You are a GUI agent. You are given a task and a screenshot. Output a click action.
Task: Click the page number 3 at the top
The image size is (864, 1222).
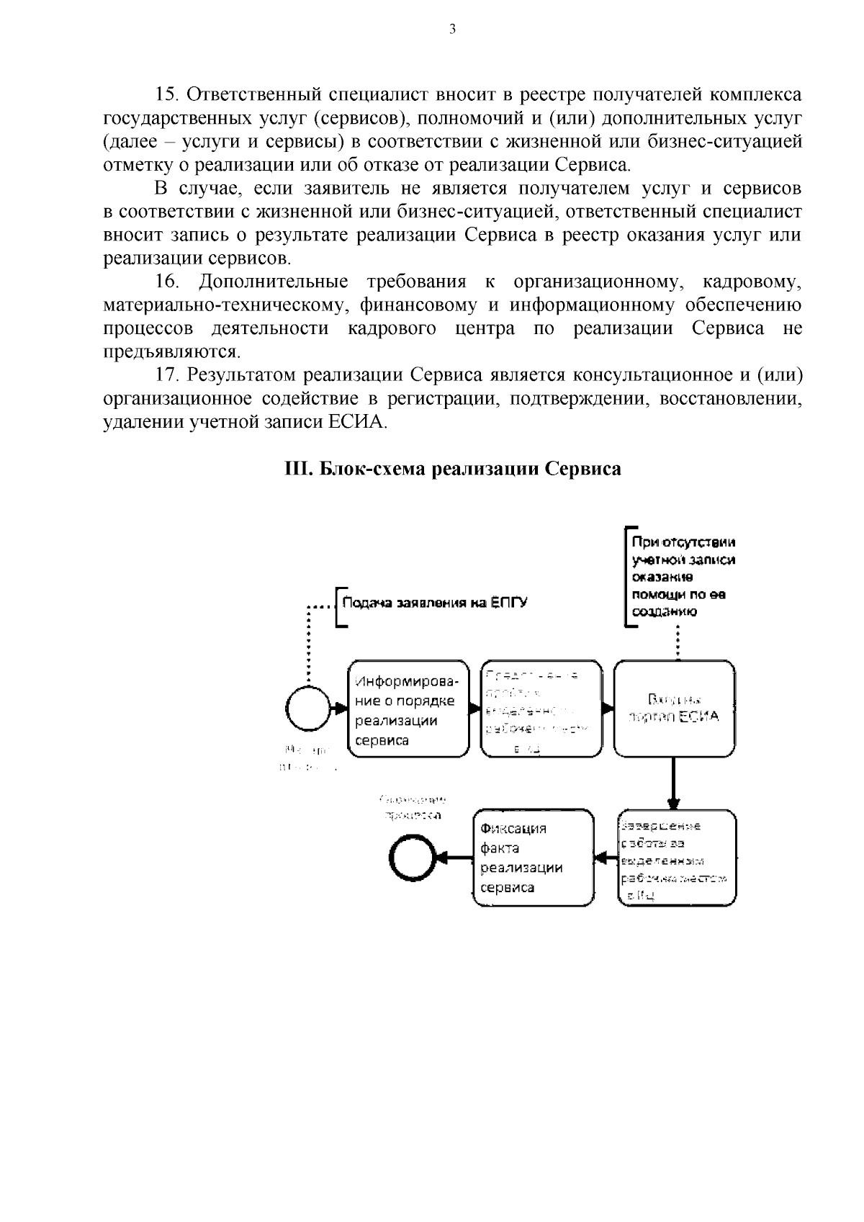click(451, 30)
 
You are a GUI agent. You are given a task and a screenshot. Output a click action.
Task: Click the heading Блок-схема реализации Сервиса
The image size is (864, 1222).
click(453, 469)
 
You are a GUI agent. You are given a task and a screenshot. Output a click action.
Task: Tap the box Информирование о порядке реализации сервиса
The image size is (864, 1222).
click(408, 710)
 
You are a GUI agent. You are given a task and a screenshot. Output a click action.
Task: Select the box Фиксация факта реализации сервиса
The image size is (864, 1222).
click(534, 858)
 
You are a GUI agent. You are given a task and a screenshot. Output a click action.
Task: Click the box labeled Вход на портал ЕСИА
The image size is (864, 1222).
click(674, 709)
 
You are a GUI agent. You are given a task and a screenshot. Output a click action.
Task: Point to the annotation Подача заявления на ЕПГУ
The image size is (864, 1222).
click(434, 603)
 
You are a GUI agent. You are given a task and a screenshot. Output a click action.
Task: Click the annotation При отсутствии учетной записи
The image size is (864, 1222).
click(683, 577)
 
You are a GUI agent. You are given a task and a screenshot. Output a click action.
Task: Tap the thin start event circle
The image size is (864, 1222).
click(309, 709)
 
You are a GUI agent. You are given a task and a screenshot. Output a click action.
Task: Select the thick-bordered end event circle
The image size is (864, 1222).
click(412, 858)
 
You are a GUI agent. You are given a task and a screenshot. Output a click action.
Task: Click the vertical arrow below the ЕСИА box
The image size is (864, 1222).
click(674, 783)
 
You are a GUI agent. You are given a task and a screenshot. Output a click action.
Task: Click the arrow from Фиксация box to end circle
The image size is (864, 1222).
click(454, 858)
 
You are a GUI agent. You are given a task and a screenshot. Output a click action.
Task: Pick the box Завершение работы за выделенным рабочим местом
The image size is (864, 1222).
click(677, 858)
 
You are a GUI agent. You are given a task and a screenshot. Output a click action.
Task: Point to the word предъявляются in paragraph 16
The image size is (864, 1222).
click(171, 351)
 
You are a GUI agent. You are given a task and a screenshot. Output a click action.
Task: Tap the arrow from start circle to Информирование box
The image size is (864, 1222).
click(338, 709)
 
